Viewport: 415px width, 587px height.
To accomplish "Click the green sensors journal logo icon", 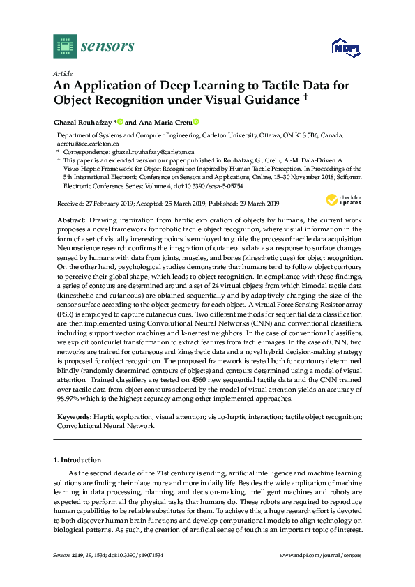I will [65, 46].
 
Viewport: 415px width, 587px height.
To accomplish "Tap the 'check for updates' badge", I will [342, 201].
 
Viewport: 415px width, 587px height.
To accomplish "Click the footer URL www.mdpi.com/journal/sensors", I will [320, 555].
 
